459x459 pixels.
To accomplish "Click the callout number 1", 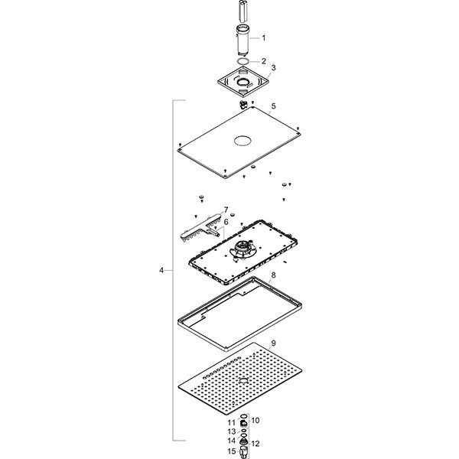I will (264, 37).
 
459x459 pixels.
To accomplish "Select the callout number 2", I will (264, 60).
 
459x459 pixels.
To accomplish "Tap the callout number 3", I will (273, 68).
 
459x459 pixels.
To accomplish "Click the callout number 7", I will (226, 209).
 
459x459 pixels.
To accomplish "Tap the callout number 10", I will (256, 420).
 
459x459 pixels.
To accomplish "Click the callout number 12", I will (256, 443).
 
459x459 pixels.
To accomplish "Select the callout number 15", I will (232, 451).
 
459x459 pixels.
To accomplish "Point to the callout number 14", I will (232, 441).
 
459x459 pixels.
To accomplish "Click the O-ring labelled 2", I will (242, 61).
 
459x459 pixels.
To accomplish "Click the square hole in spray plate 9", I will (242, 380).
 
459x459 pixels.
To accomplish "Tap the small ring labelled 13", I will (243, 431).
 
